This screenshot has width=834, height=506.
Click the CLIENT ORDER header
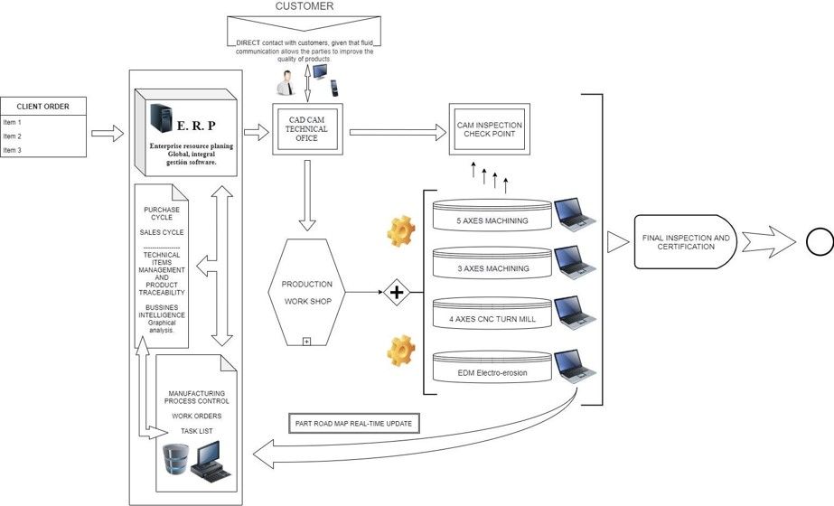43,107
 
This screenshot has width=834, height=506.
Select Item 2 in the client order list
13,136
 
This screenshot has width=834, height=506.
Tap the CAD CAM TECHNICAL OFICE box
306,129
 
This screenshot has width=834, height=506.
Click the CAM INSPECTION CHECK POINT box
486,129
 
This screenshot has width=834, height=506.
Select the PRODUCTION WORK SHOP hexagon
308,292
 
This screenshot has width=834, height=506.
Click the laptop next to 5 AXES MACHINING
574,213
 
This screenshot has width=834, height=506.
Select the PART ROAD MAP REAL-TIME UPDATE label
356,424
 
